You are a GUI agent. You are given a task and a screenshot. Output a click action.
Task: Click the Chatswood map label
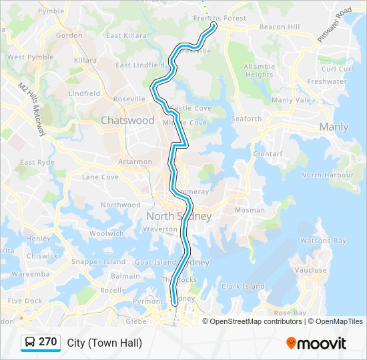[127, 121]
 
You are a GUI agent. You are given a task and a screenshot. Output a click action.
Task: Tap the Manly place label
[334, 127]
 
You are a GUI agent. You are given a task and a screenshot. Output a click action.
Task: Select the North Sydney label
[179, 216]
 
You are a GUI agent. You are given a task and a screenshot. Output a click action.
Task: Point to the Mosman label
[250, 210]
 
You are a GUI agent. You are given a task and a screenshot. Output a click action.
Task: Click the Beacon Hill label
[280, 27]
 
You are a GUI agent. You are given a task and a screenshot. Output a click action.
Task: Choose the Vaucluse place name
[310, 271]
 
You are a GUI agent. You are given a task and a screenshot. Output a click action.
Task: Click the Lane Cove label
[100, 177]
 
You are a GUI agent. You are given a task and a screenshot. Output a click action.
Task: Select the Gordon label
[69, 35]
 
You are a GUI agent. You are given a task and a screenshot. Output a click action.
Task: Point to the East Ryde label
[37, 162]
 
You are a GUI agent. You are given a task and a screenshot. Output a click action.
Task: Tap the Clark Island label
[243, 287]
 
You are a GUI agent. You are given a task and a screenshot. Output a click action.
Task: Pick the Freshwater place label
[327, 81]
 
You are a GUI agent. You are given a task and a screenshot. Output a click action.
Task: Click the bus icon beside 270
[29, 343]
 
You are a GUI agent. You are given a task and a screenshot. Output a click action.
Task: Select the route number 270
[47, 342]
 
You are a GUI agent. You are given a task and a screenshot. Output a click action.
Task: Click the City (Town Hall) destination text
[105, 343]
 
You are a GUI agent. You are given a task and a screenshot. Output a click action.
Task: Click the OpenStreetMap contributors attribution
[255, 321]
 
